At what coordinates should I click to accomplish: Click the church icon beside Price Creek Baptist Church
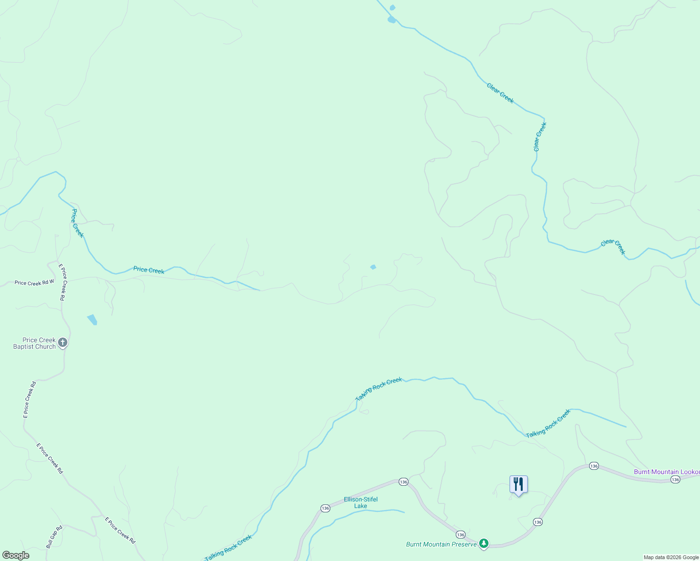63,343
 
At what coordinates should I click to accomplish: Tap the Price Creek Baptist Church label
35,344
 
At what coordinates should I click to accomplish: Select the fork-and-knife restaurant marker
518,484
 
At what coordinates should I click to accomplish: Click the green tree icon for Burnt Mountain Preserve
484,543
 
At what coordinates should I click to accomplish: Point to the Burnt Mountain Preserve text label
441,544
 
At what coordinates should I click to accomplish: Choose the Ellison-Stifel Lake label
361,503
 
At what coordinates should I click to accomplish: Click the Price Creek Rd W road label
34,283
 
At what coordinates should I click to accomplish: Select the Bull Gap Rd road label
54,537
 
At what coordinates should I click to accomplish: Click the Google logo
16,555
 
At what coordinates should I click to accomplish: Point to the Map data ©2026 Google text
671,557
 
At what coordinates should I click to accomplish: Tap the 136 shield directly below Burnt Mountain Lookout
675,480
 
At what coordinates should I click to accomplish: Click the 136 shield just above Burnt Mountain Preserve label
460,534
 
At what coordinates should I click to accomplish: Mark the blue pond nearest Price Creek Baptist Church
92,319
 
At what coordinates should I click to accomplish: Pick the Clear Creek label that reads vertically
540,137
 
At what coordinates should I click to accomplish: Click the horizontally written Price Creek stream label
149,270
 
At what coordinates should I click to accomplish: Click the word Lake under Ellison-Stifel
361,506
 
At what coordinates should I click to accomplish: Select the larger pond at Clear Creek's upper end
392,20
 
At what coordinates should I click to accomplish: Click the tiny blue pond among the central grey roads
373,267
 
